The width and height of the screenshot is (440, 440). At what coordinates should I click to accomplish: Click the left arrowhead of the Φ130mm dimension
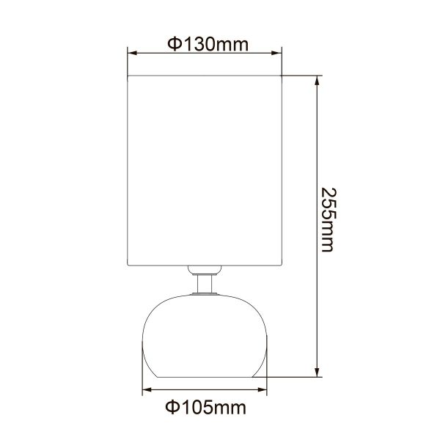133,53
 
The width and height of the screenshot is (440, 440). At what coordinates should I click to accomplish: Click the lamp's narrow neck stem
205,282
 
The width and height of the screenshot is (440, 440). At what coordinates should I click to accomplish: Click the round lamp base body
205,334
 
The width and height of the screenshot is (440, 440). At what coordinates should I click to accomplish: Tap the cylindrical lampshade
205,169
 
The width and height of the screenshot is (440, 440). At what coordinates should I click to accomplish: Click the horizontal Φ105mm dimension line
205,390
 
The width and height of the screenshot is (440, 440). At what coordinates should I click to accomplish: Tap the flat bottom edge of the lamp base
205,377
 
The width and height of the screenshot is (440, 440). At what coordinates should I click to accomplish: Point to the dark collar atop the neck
205,269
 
